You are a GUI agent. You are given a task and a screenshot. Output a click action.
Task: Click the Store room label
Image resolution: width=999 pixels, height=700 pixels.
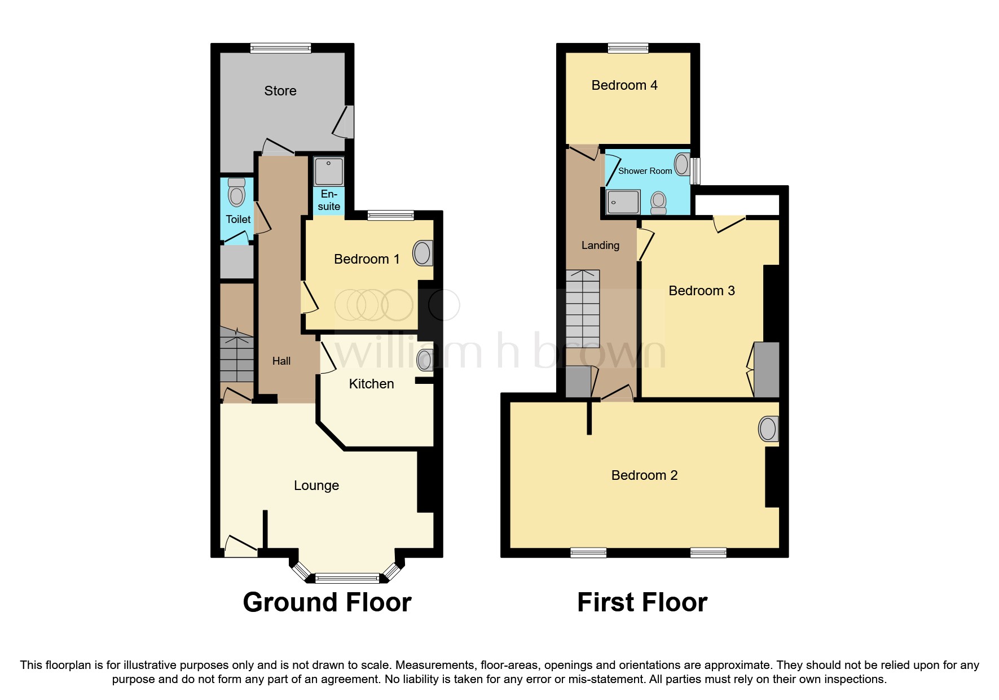280,91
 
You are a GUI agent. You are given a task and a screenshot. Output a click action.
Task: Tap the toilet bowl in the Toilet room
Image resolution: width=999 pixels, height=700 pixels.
237,195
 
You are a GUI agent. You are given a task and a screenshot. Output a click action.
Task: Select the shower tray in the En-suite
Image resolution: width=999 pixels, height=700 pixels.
328,172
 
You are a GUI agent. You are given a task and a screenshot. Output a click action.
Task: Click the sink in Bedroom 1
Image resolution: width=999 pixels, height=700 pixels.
423,253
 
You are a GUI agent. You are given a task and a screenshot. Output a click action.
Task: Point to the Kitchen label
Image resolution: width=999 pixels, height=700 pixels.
371,384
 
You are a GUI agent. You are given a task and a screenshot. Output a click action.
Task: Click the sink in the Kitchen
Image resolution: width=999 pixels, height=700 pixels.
425,360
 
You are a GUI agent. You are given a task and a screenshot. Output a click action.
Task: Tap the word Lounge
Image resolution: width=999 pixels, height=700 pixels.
316,485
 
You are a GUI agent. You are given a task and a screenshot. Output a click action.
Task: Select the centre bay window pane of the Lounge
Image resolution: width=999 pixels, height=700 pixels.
347,577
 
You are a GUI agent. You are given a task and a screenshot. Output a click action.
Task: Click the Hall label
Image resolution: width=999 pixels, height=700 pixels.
281,361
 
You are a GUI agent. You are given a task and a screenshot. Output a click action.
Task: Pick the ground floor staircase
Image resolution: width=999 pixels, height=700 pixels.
236,356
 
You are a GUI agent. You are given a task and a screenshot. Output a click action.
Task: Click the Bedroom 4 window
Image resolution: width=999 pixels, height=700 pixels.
628,49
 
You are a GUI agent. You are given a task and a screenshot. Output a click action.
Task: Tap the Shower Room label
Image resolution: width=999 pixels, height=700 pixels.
645,171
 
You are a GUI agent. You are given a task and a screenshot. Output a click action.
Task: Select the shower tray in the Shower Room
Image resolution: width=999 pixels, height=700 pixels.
623,202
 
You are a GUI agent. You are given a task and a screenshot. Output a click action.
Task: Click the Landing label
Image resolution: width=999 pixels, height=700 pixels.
600,246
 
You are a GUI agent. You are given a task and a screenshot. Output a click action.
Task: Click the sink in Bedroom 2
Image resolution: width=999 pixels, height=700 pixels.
768,429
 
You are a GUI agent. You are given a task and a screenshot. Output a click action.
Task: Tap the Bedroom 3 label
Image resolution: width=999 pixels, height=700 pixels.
701,291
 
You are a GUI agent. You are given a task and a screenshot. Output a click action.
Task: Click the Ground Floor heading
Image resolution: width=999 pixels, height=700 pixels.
327,602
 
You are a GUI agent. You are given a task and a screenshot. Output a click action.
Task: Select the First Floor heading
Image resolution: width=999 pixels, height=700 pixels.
642,602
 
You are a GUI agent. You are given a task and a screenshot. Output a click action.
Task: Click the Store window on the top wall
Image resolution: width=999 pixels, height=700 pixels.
280,49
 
